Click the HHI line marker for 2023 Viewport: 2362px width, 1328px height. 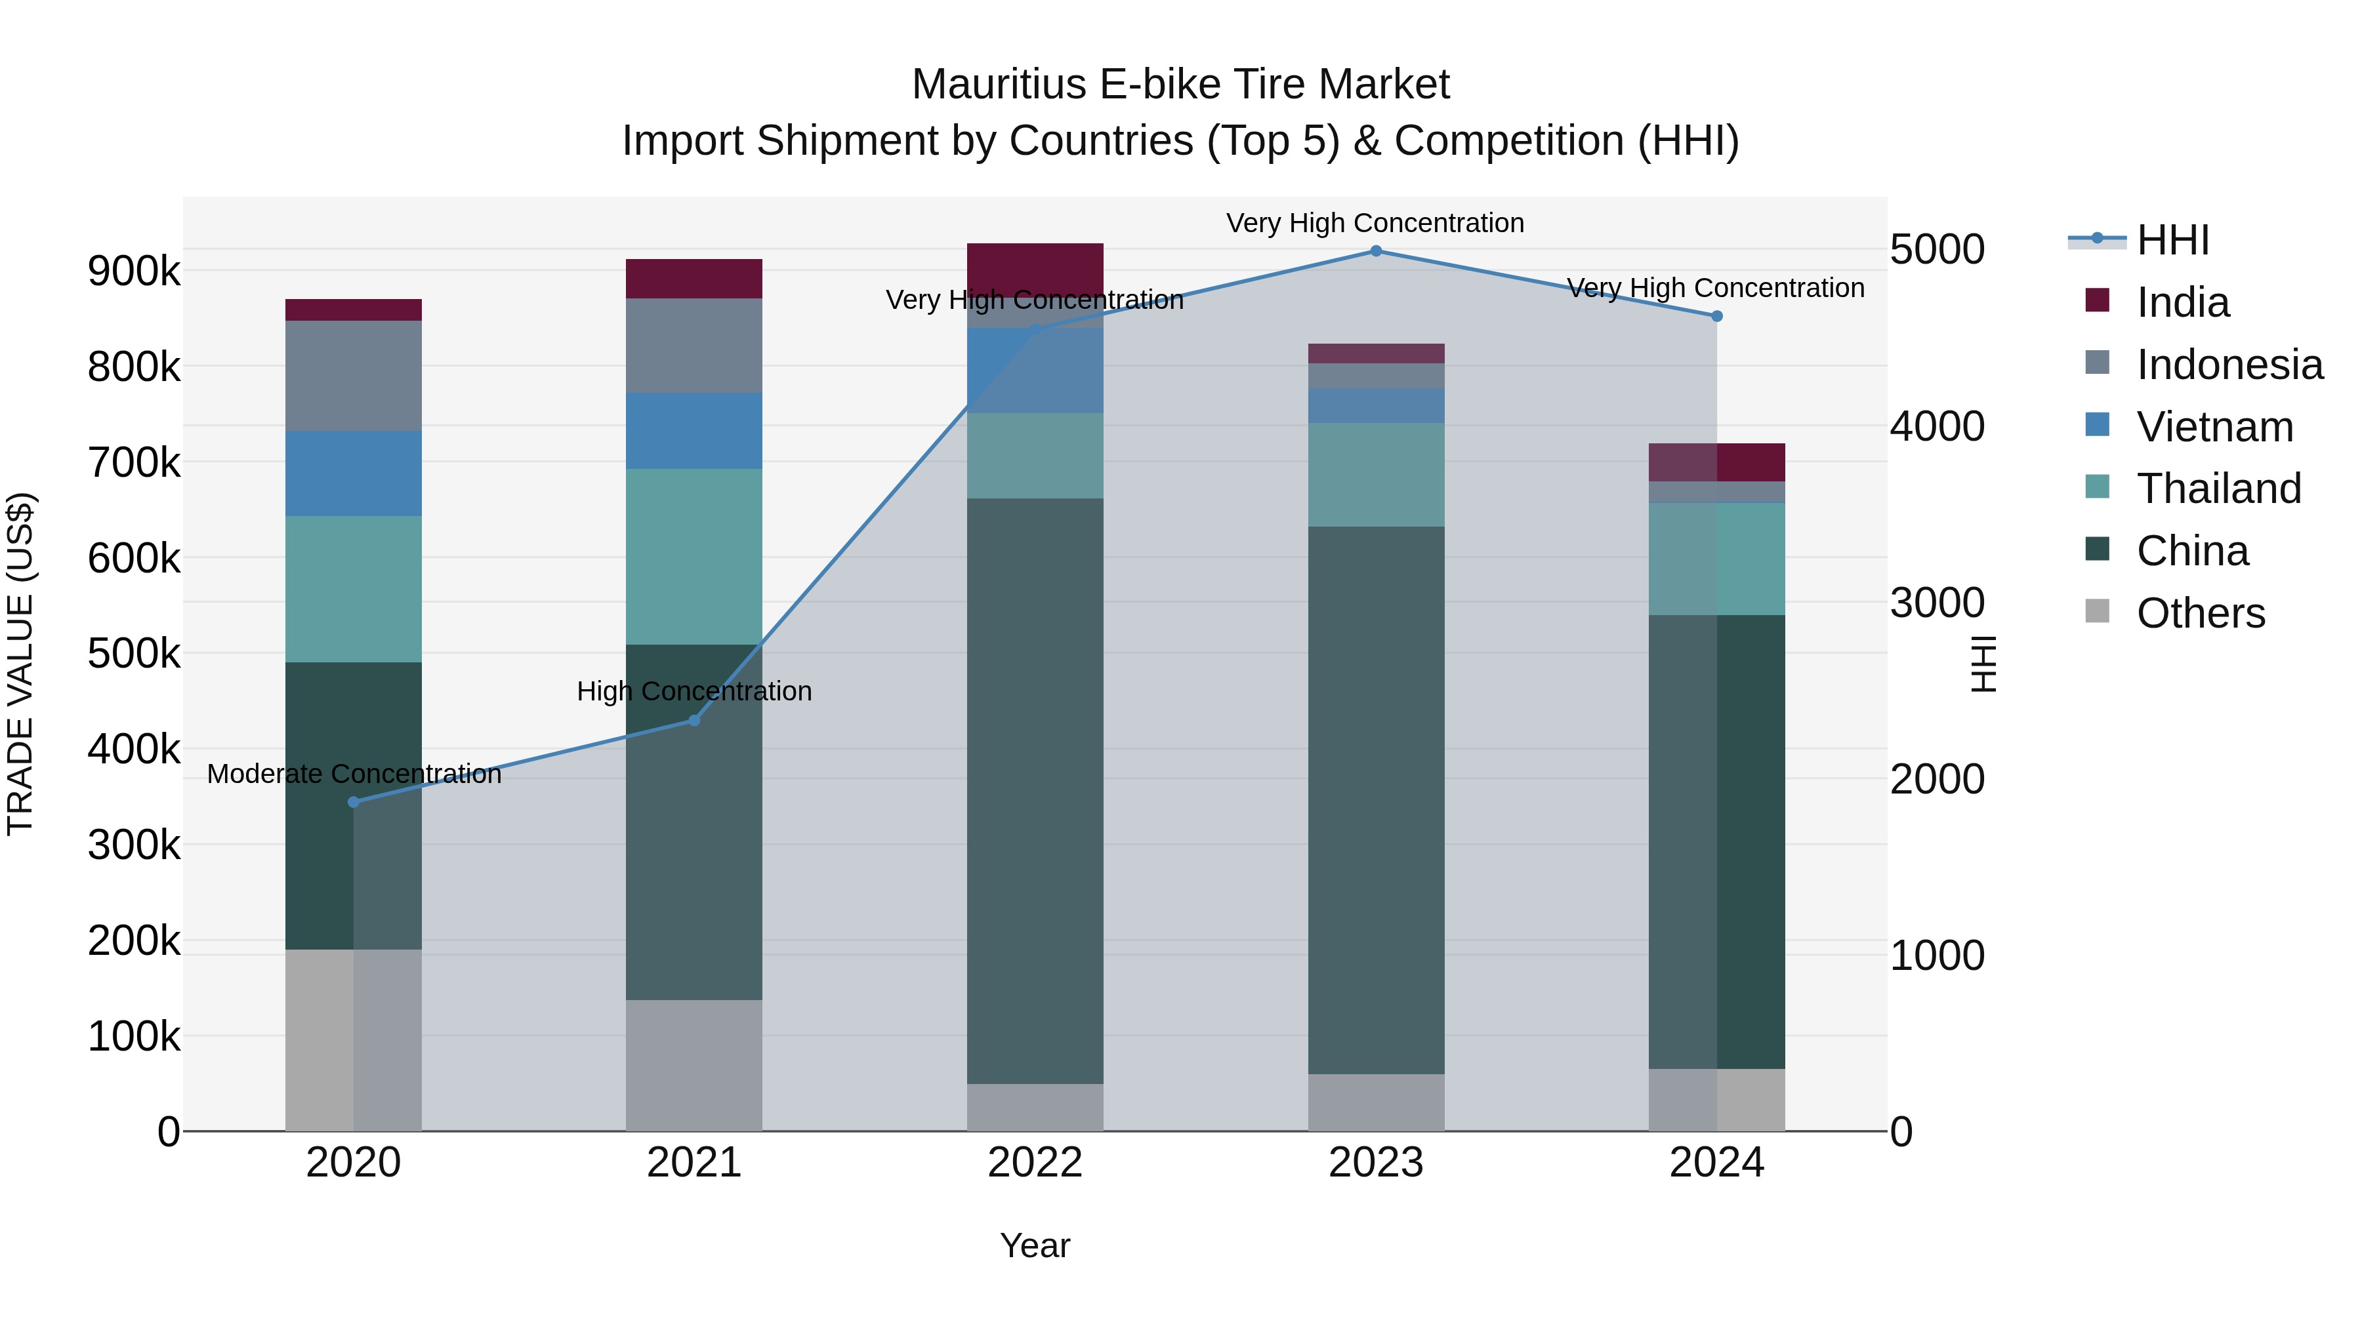[1375, 251]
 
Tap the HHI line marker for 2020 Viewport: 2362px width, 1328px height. [354, 802]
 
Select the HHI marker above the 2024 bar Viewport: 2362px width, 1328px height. [1716, 316]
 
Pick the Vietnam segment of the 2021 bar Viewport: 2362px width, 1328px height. [694, 431]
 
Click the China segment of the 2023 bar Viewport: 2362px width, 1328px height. [1375, 799]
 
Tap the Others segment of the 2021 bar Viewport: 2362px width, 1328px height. [694, 1064]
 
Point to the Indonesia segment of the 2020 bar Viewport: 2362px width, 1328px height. [354, 376]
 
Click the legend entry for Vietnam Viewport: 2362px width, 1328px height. [2214, 427]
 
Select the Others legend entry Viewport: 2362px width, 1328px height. [2200, 613]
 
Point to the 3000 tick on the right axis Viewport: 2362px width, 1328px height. [1937, 603]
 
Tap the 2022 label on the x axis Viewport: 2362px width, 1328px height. [1035, 1163]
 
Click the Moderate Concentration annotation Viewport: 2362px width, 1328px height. [354, 775]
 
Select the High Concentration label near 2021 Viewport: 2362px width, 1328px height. [694, 691]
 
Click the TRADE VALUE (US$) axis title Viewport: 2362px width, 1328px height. [20, 664]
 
